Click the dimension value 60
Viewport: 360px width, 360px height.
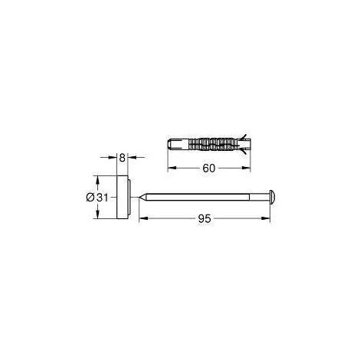pyautogui.click(x=209, y=168)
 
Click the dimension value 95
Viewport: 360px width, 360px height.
pyautogui.click(x=205, y=218)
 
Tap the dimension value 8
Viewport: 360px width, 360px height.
pyautogui.click(x=123, y=158)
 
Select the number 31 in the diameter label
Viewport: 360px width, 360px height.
pyautogui.click(x=103, y=198)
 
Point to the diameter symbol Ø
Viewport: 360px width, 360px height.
pyautogui.click(x=90, y=198)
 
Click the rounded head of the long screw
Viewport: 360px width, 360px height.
pyautogui.click(x=272, y=197)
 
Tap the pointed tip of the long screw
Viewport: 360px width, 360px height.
pyautogui.click(x=139, y=197)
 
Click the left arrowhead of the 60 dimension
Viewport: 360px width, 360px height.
pyautogui.click(x=172, y=168)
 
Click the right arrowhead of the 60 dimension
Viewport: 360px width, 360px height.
pyautogui.click(x=246, y=168)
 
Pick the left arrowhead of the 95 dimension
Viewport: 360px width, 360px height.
pyautogui.click(x=143, y=218)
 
